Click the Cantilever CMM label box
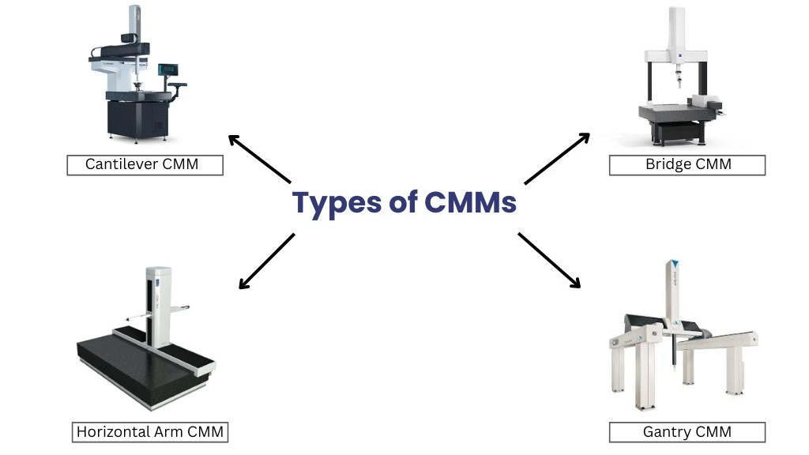point(144,164)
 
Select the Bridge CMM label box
point(687,164)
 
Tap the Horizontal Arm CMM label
point(150,432)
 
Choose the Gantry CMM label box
point(687,432)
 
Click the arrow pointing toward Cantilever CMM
point(259,158)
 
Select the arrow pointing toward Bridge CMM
point(557,158)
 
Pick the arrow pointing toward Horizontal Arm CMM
point(267,260)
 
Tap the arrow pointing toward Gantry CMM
point(549,259)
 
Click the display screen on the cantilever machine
point(167,70)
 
